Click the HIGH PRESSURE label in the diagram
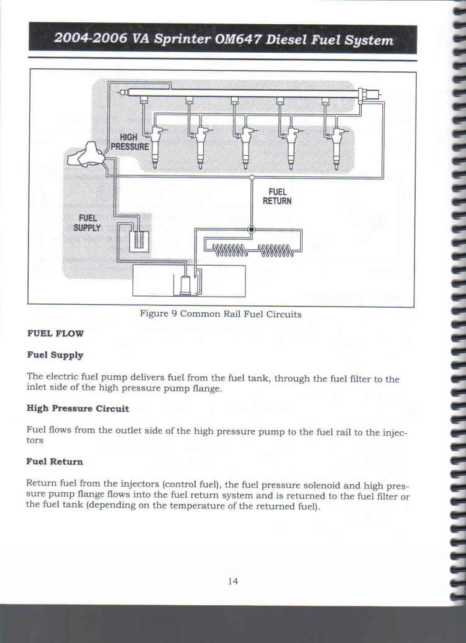(x=130, y=142)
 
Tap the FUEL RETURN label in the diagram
(x=277, y=196)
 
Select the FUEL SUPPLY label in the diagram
(x=87, y=223)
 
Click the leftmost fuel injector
(x=155, y=146)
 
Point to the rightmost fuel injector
(x=337, y=147)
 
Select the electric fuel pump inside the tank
(x=186, y=285)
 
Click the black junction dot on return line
(x=252, y=230)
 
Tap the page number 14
(x=233, y=581)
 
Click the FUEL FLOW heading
(x=55, y=333)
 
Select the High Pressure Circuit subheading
(x=78, y=408)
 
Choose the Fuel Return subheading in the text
(x=55, y=462)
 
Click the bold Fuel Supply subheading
(x=55, y=355)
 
